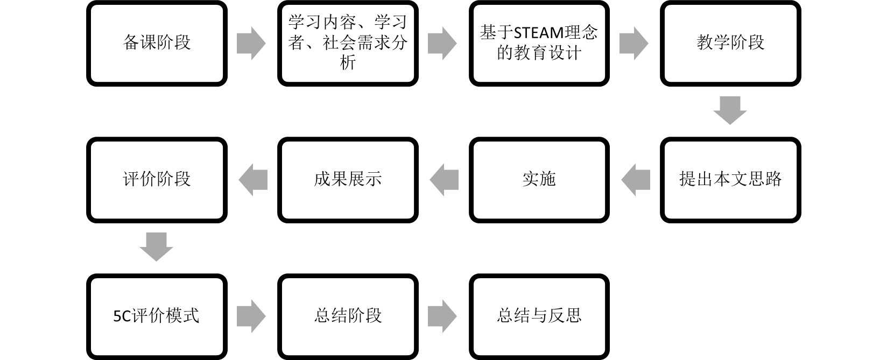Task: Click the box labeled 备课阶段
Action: pyautogui.click(x=157, y=43)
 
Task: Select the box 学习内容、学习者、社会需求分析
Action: pyautogui.click(x=348, y=43)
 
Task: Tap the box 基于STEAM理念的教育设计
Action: pyautogui.click(x=539, y=43)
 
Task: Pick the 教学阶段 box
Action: pyautogui.click(x=730, y=43)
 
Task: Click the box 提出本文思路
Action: pyautogui.click(x=730, y=180)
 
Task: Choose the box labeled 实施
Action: pyautogui.click(x=539, y=180)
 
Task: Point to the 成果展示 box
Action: pyautogui.click(x=348, y=180)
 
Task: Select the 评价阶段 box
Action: pyautogui.click(x=157, y=180)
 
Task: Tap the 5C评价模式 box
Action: pyautogui.click(x=157, y=316)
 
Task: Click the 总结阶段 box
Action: pyautogui.click(x=348, y=316)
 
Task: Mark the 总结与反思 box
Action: pyautogui.click(x=539, y=316)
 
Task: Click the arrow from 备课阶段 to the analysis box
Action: pyautogui.click(x=251, y=43)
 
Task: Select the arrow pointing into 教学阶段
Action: pyautogui.click(x=634, y=43)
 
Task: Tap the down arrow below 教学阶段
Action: pyautogui.click(x=730, y=110)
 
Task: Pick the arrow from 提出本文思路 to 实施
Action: pyautogui.click(x=635, y=180)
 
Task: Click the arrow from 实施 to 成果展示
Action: pyautogui.click(x=444, y=180)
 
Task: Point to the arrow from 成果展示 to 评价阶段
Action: pyautogui.click(x=253, y=180)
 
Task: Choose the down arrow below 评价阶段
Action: pyautogui.click(x=156, y=247)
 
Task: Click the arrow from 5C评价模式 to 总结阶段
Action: pyautogui.click(x=251, y=316)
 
